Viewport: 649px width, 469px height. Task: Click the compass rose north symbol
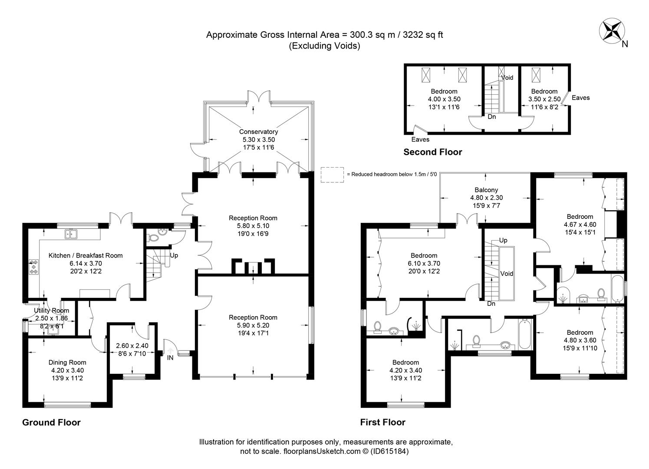click(611, 31)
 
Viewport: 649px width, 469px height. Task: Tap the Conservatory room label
click(258, 132)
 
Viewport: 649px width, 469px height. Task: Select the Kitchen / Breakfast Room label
click(86, 255)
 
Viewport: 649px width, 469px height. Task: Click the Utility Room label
click(51, 310)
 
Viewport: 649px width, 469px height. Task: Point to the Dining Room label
click(67, 362)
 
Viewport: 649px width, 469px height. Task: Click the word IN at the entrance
click(170, 358)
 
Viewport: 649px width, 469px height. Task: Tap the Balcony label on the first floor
click(486, 190)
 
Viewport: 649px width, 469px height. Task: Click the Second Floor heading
click(432, 152)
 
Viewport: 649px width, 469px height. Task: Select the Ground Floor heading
click(51, 422)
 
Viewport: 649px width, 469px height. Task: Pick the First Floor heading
click(382, 422)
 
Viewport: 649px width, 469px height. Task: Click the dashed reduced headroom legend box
click(332, 175)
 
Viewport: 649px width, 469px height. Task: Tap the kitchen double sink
click(70, 234)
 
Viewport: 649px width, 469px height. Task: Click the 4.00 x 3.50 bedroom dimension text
click(444, 99)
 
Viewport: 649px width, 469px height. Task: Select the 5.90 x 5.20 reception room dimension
click(253, 325)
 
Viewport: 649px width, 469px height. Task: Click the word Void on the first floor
click(507, 274)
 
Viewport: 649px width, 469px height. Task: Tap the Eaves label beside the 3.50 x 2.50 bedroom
click(580, 98)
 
